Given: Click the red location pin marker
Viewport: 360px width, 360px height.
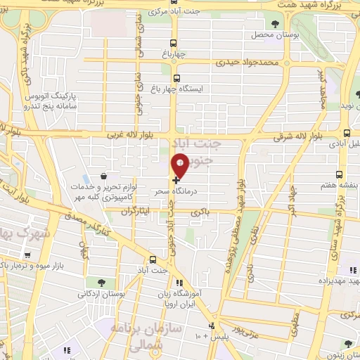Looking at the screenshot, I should (x=179, y=165).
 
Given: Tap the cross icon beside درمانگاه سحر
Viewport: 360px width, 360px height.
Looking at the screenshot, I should (x=175, y=180).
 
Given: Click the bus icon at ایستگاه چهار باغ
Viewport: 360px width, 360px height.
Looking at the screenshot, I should (x=176, y=79).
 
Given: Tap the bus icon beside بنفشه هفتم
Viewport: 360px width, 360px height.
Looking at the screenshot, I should (x=340, y=174).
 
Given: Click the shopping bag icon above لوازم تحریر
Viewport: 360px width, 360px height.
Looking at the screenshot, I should (x=104, y=176).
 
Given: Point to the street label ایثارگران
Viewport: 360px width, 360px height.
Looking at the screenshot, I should (x=137, y=210).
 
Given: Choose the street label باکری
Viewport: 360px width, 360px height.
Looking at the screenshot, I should (x=205, y=210).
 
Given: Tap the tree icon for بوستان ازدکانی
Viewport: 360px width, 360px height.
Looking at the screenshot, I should (x=103, y=283).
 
